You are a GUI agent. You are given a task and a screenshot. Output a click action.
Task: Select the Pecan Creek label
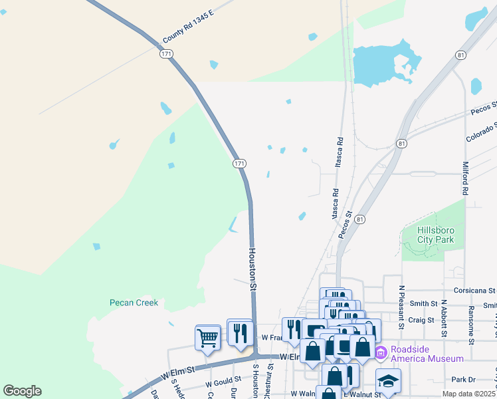(x=134, y=303)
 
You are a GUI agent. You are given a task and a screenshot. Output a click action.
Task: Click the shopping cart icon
(x=207, y=338)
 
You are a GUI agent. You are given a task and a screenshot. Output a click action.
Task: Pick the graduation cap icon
(x=388, y=381)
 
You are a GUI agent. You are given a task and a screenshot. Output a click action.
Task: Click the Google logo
(x=23, y=391)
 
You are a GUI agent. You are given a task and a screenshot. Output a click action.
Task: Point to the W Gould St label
(x=222, y=384)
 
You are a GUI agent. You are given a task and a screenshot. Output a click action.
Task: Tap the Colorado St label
(x=481, y=131)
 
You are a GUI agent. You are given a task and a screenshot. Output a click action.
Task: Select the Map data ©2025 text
(x=469, y=394)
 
